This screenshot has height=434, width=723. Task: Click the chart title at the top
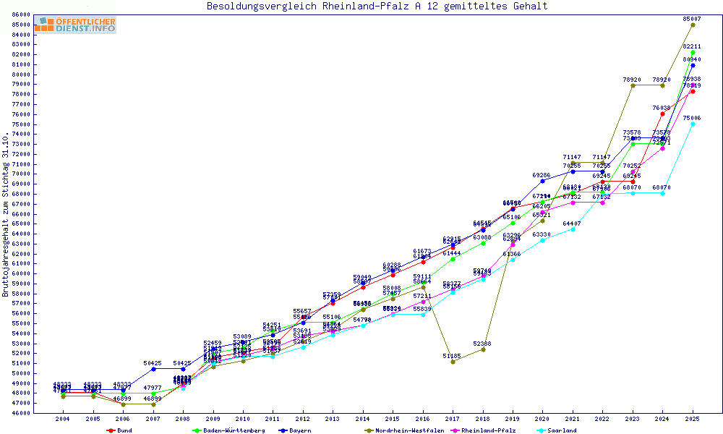point(377,7)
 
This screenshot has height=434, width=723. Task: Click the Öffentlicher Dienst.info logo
point(74,25)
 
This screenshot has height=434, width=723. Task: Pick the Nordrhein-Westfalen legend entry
point(405,430)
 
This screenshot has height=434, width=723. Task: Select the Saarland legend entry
point(562,430)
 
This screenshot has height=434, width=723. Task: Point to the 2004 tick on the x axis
point(63,419)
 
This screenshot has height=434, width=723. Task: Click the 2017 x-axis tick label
point(453,419)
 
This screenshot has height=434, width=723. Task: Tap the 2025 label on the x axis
point(693,419)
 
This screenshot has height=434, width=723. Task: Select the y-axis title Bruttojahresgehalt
point(7,215)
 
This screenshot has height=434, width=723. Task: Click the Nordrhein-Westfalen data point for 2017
point(453,362)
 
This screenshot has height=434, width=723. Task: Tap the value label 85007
point(693,18)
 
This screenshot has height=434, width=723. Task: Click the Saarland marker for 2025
point(693,124)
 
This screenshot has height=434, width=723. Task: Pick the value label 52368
point(483,343)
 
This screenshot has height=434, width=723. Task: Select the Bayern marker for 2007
point(153,369)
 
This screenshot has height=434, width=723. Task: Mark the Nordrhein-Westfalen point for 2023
point(633,85)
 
